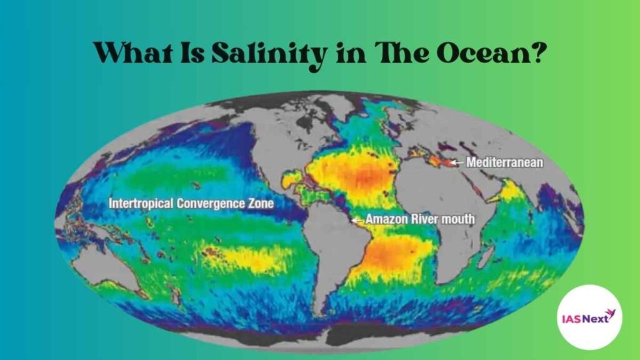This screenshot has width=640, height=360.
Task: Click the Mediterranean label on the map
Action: [x=505, y=162]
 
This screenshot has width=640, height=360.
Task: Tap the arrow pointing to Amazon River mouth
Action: [x=357, y=219]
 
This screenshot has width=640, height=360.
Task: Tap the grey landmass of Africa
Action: [x=437, y=212]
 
